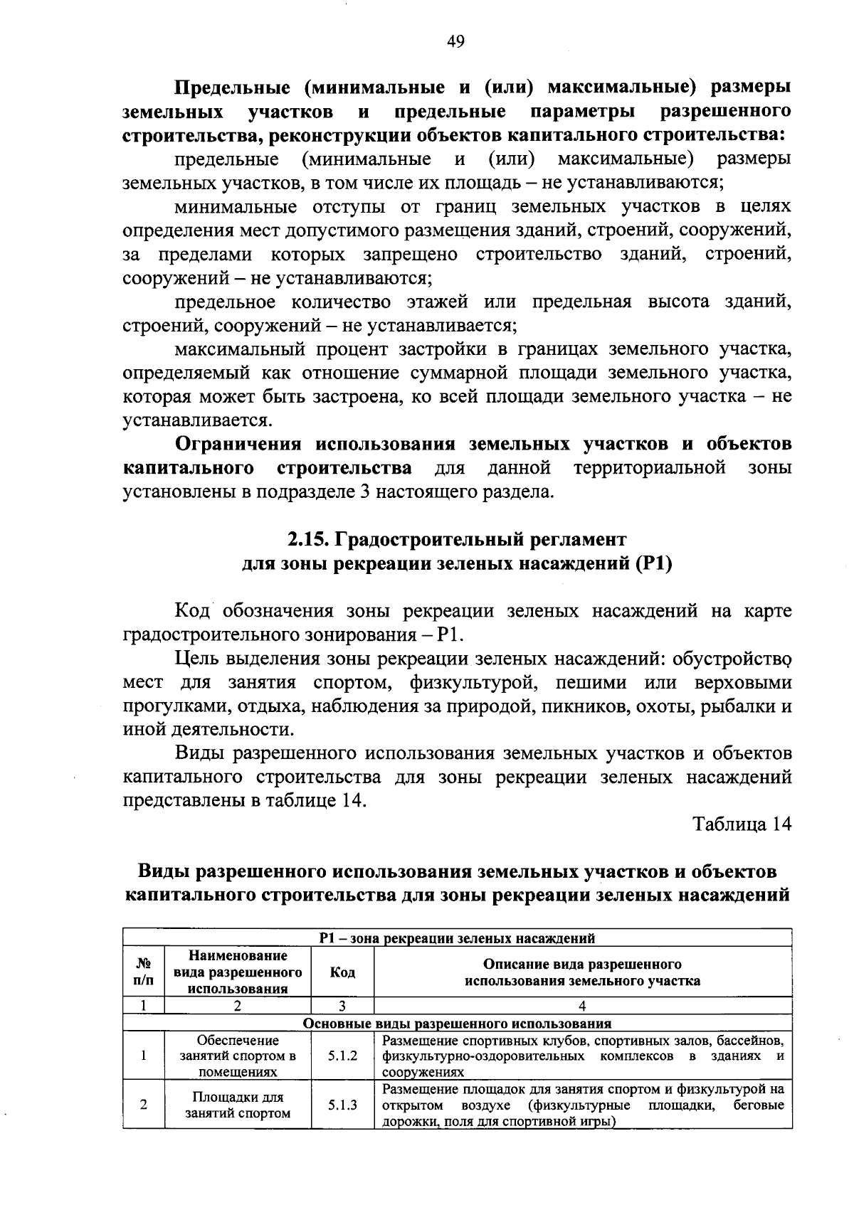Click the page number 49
click(455, 42)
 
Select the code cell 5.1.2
click(342, 1056)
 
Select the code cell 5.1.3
click(342, 1105)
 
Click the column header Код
click(342, 972)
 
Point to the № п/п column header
click(143, 972)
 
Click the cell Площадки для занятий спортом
click(238, 1105)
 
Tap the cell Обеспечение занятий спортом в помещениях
click(238, 1056)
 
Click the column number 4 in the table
click(582, 1006)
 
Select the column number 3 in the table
click(342, 1006)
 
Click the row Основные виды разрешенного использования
click(457, 1024)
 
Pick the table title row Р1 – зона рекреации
click(457, 938)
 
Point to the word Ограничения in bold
click(238, 445)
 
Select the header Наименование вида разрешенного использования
click(238, 972)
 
